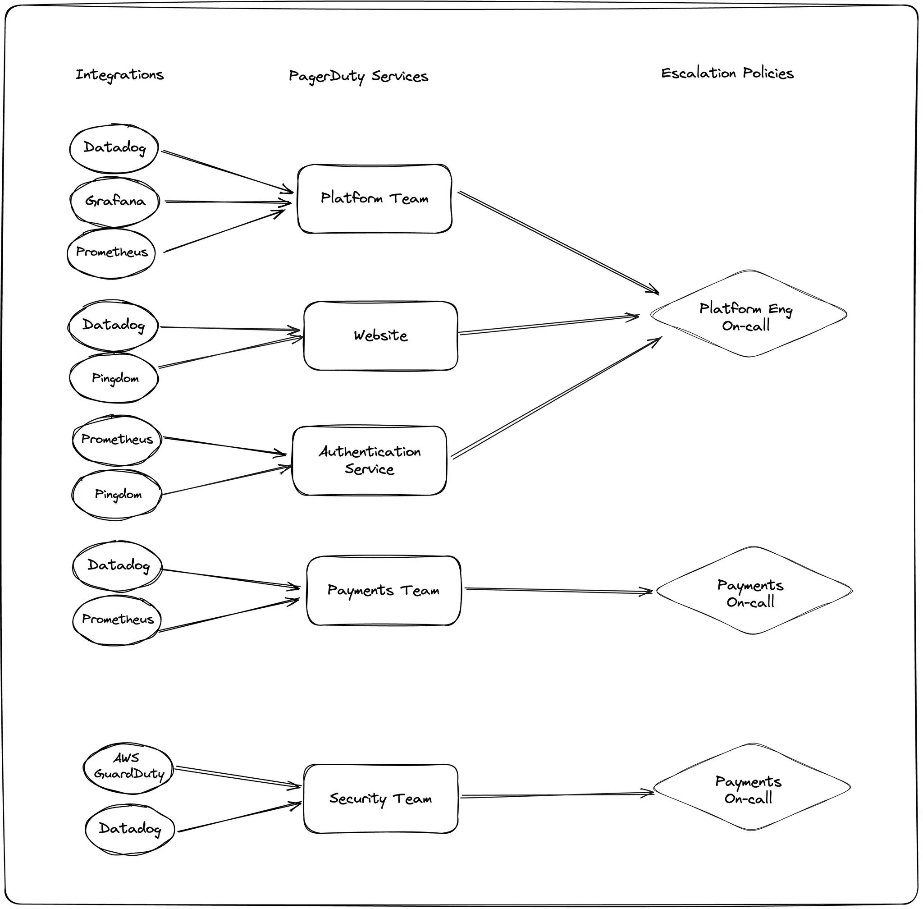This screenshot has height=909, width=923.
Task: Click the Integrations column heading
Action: [x=119, y=75]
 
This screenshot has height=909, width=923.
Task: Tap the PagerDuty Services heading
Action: [x=358, y=76]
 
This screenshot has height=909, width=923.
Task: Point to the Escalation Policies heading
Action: [x=727, y=73]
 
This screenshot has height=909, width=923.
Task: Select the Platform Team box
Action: [x=375, y=198]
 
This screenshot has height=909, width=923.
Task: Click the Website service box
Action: [x=380, y=335]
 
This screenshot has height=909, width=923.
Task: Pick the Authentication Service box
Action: [x=370, y=460]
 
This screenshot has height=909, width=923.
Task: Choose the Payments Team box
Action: [x=384, y=590]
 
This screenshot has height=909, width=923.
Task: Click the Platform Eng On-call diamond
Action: [x=748, y=314]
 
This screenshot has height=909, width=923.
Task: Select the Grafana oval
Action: [x=114, y=201]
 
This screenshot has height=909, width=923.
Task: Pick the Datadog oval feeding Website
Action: [x=113, y=326]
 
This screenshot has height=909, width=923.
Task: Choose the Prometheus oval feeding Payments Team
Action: [x=117, y=619]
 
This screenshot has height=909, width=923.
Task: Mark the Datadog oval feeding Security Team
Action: [x=129, y=828]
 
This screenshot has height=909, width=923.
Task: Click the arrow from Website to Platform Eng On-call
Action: [x=549, y=325]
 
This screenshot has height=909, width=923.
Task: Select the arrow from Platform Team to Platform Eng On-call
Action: [x=558, y=243]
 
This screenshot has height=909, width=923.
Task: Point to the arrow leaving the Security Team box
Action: [x=557, y=795]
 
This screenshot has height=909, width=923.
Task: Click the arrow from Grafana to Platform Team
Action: [x=228, y=202]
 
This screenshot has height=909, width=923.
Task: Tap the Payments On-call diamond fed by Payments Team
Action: [x=754, y=591]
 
